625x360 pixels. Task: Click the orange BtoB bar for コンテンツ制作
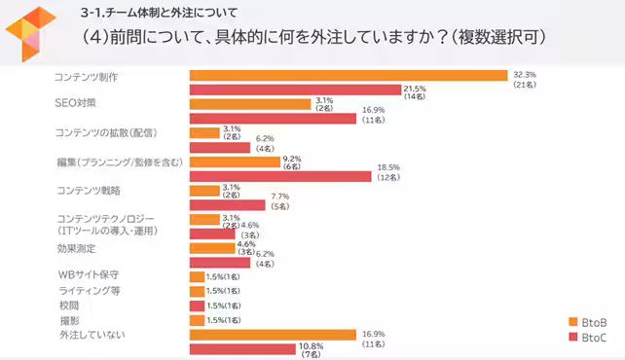(348, 75)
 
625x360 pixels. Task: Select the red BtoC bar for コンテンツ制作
(295, 90)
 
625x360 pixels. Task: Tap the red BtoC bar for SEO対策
(273, 119)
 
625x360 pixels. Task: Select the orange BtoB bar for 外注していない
(273, 335)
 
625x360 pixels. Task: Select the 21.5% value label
(417, 88)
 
